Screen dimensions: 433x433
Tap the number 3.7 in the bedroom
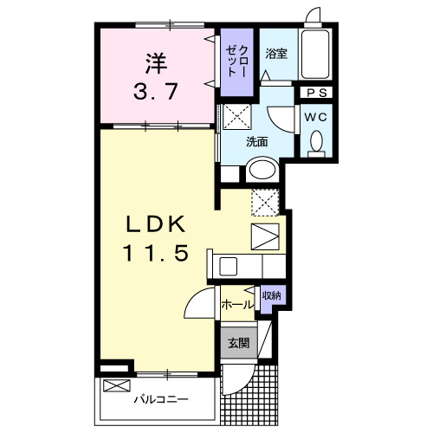click(157, 91)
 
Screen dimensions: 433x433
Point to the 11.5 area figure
click(155, 255)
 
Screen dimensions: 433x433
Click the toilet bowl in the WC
click(316, 141)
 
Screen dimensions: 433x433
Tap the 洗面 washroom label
click(256, 141)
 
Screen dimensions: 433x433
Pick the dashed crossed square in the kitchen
click(264, 203)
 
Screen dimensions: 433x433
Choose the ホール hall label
click(238, 304)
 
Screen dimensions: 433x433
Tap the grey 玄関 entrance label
click(238, 343)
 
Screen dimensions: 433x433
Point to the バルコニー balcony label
click(161, 400)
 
